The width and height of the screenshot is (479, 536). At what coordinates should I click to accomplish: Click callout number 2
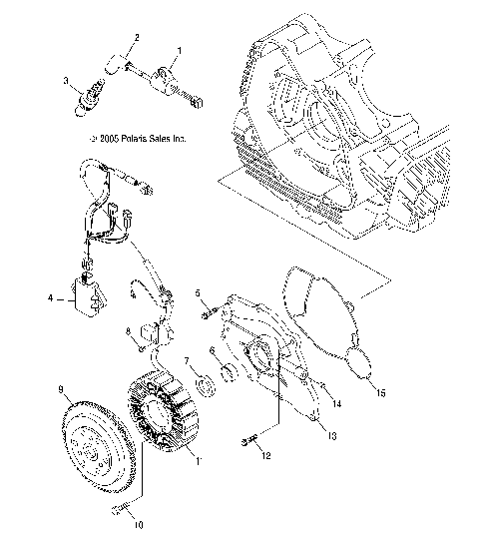[x=137, y=38]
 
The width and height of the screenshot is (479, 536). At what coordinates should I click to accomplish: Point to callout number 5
[x=199, y=292]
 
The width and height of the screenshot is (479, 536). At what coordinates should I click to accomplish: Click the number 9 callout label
[x=61, y=389]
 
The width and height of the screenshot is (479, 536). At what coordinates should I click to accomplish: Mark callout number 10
[x=139, y=522]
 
